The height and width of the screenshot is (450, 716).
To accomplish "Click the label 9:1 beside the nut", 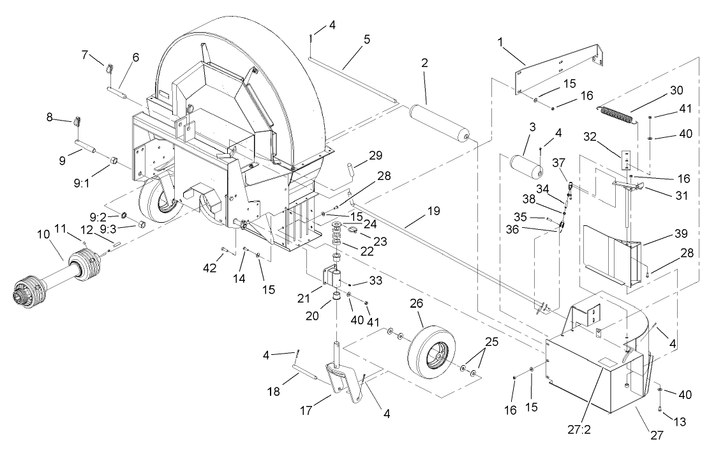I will (82, 172).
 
